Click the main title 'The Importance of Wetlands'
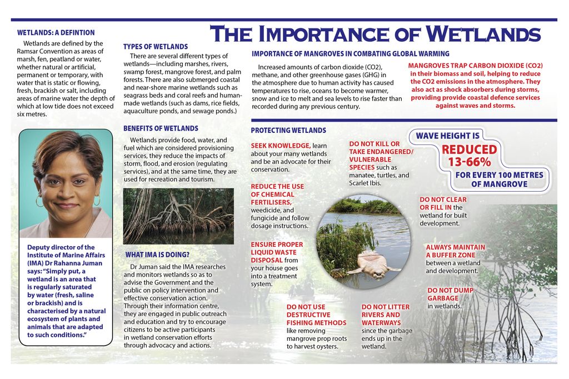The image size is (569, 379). click(x=375, y=34)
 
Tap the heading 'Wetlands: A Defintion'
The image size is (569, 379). click(x=56, y=33)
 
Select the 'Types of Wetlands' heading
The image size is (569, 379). click(x=156, y=47)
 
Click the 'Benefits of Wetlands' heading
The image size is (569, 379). click(x=161, y=128)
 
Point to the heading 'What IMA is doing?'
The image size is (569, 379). click(x=159, y=255)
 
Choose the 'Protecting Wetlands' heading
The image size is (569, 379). click(x=288, y=131)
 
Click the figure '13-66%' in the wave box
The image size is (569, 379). click(x=470, y=162)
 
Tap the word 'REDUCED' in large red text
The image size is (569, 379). click(x=470, y=149)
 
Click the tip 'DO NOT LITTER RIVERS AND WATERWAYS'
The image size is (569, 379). click(x=385, y=315)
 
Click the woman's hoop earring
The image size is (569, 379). click(x=39, y=201)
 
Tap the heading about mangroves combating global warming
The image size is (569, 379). click(x=350, y=54)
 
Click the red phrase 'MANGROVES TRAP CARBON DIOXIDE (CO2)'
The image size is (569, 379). click(x=475, y=66)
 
